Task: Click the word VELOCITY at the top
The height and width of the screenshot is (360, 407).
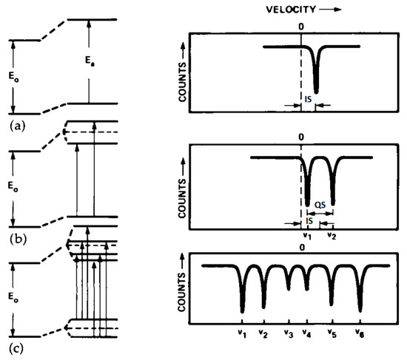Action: pyautogui.click(x=291, y=10)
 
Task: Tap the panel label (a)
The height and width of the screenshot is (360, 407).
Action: pyautogui.click(x=18, y=126)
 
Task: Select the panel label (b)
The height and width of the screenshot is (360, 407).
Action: pyautogui.click(x=18, y=239)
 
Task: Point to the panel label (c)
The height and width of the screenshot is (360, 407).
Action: pyautogui.click(x=16, y=349)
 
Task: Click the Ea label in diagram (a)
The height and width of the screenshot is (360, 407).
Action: pyautogui.click(x=90, y=61)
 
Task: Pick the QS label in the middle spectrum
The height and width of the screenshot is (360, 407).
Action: pyautogui.click(x=320, y=206)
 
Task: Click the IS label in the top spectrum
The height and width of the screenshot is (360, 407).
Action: pyautogui.click(x=308, y=99)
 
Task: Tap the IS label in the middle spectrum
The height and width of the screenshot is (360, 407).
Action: pyautogui.click(x=309, y=221)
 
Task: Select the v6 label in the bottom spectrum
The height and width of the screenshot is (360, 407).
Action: pyautogui.click(x=360, y=333)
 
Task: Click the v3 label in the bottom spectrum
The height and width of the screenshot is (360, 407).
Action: pyautogui.click(x=289, y=333)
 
